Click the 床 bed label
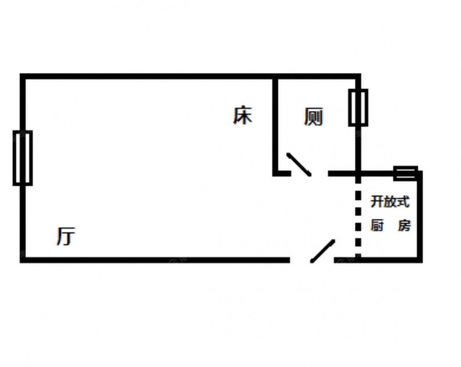(x=242, y=115)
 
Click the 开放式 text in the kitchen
(x=390, y=202)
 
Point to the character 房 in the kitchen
(x=404, y=226)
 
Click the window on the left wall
(x=22, y=158)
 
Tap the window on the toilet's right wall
(x=358, y=108)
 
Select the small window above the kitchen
(x=406, y=173)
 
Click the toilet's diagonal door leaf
(x=298, y=164)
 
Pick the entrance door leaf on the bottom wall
(x=322, y=251)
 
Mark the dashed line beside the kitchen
(x=358, y=217)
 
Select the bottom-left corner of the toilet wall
(x=275, y=174)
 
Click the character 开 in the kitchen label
(x=377, y=202)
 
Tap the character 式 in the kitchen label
(x=403, y=202)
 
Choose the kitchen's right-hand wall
(x=420, y=217)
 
